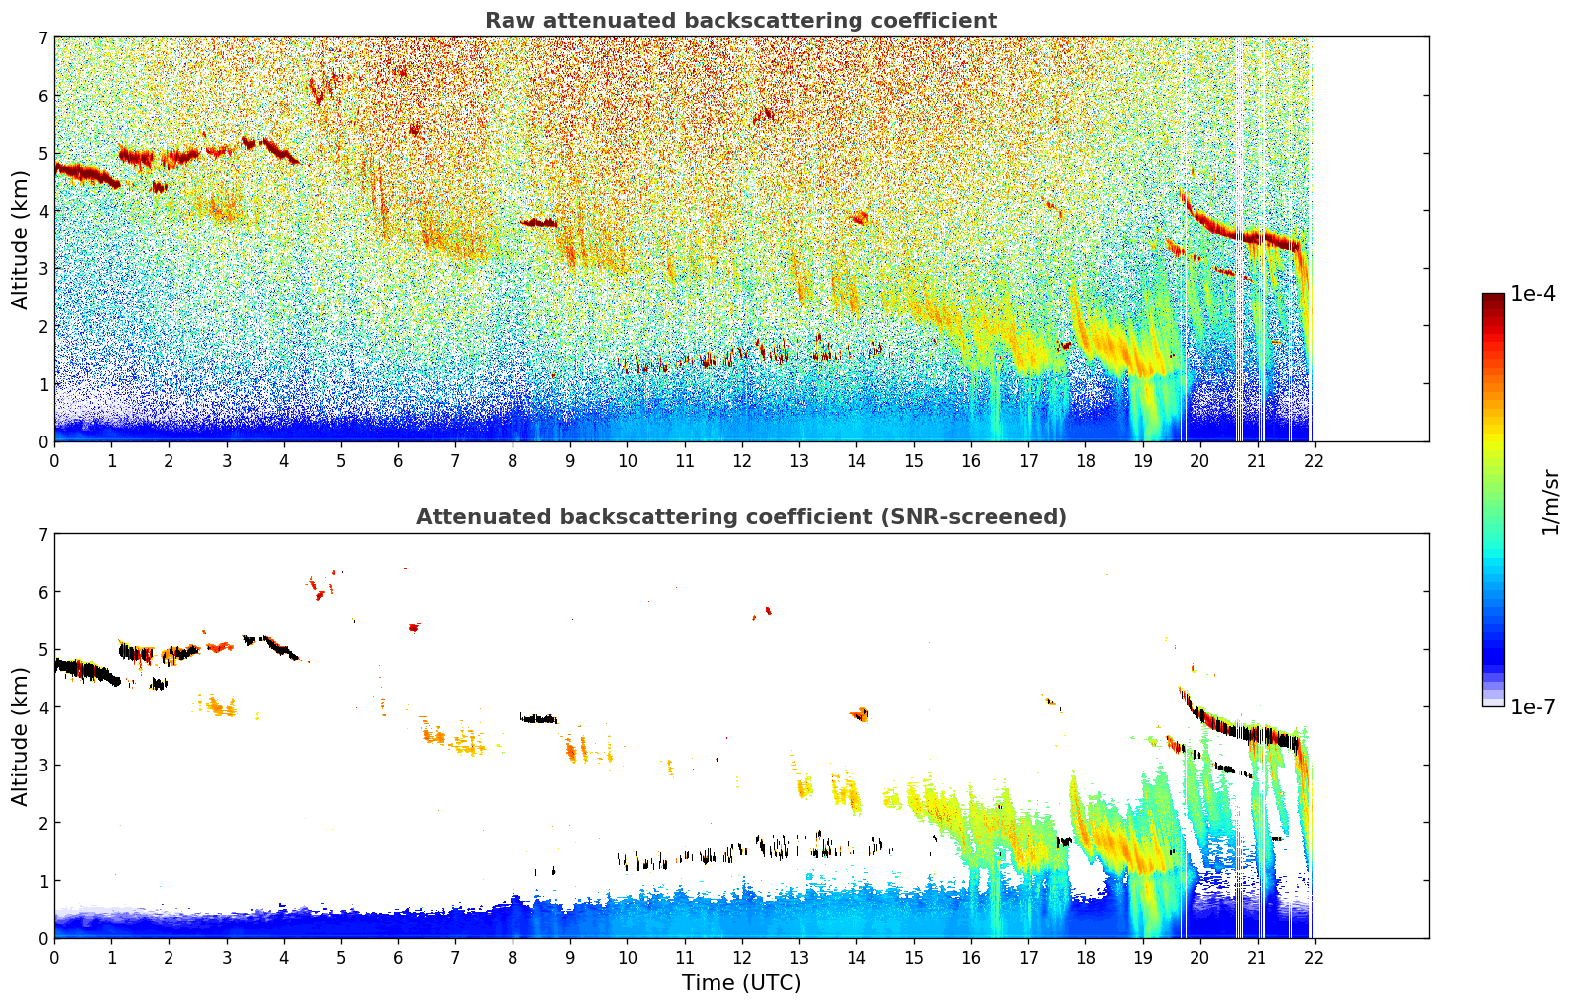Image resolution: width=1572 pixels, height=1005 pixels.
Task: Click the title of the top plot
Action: click(741, 21)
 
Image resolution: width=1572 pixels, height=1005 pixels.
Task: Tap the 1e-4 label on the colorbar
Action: click(1533, 294)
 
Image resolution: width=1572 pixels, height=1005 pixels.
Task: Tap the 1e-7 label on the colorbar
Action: click(1533, 706)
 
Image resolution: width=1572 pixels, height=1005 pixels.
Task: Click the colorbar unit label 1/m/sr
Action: click(1550, 503)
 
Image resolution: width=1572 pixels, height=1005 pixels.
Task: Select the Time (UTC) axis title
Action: click(741, 983)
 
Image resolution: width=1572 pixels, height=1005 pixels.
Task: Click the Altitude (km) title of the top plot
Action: click(20, 240)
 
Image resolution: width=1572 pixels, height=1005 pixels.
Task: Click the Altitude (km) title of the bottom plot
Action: click(20, 737)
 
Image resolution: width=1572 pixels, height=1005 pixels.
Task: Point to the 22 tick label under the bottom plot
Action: click(1313, 957)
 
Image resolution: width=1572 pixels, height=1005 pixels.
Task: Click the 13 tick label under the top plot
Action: click(799, 460)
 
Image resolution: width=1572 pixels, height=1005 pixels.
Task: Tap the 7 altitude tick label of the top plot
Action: click(43, 37)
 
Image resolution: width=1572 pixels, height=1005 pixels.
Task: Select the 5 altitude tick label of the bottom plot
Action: click(43, 650)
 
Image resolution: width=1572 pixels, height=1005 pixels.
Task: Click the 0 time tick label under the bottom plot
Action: click(55, 957)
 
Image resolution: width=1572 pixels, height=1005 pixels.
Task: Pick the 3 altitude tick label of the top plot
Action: click(43, 269)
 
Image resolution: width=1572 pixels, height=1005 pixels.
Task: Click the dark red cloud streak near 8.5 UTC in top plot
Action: click(538, 223)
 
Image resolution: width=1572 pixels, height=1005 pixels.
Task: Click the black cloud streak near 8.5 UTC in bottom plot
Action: click(538, 718)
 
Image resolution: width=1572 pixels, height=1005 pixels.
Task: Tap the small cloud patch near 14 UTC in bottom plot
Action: click(859, 714)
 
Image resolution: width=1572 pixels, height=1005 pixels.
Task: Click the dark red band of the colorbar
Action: click(1493, 301)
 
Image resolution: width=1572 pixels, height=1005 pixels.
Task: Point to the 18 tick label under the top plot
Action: click(1086, 460)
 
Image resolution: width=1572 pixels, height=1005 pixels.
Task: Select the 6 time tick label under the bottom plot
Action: click(398, 957)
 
